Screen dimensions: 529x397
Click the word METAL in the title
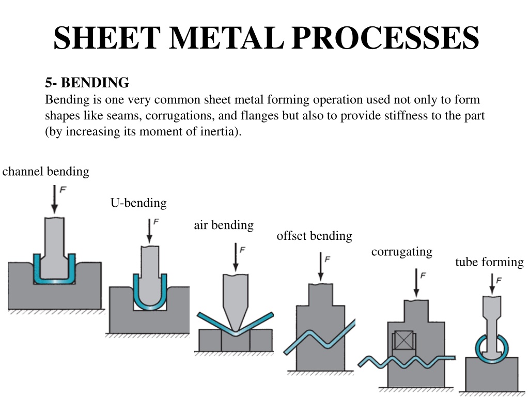coord(226,37)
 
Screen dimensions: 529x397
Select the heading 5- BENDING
coord(87,83)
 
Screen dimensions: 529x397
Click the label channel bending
coord(45,172)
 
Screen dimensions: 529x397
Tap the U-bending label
coord(138,203)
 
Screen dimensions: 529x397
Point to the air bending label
coord(224,225)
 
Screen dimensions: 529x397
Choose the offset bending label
coord(314,236)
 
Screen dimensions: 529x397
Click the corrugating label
coord(402,252)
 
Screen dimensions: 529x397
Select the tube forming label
coord(489,262)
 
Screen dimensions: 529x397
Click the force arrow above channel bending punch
coord(54,199)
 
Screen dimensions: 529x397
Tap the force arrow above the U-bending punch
coord(149,231)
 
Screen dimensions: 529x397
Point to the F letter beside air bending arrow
coord(242,250)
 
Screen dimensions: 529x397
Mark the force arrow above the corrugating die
coord(416,283)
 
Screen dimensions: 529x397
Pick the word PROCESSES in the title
coord(385,37)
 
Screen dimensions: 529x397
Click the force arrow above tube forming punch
coord(492,284)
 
